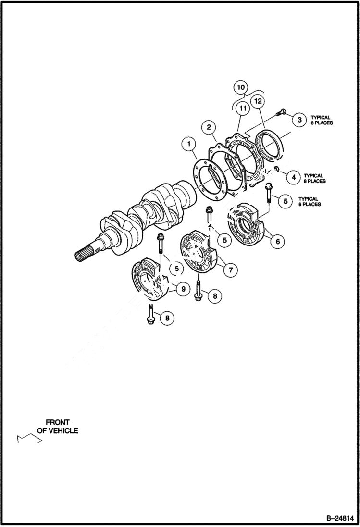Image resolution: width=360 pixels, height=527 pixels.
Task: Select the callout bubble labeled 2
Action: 209,127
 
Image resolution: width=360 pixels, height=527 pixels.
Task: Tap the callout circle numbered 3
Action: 299,120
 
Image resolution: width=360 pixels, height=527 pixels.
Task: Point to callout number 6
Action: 277,241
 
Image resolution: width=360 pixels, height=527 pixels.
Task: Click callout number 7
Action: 230,270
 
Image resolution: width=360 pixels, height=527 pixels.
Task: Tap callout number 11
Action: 243,109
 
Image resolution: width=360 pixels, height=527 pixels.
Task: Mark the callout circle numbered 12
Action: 258,101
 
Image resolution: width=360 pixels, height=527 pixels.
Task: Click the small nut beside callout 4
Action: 277,169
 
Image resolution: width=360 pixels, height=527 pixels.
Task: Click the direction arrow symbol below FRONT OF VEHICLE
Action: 27,438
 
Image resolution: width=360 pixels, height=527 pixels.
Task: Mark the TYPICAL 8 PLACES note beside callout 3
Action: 321,120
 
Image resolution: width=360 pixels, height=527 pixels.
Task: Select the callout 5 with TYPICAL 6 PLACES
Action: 286,201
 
